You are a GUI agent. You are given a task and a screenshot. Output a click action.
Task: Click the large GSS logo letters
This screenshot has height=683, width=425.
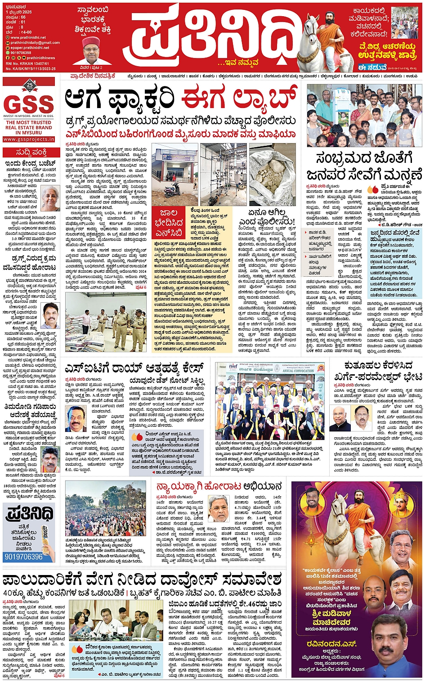tap(28, 104)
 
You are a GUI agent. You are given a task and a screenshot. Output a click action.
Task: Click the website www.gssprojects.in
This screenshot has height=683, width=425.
tap(29, 139)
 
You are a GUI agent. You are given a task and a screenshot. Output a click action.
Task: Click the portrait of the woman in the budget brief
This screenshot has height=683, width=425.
tap(50, 198)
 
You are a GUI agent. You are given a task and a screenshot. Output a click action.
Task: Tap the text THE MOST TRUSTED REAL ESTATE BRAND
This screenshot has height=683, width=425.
tap(29, 127)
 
